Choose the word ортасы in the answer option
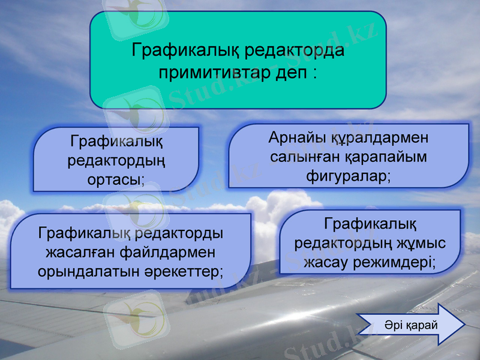click(x=115, y=179)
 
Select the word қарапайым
click(x=386, y=157)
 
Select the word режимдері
click(x=398, y=262)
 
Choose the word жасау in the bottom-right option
click(x=329, y=262)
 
